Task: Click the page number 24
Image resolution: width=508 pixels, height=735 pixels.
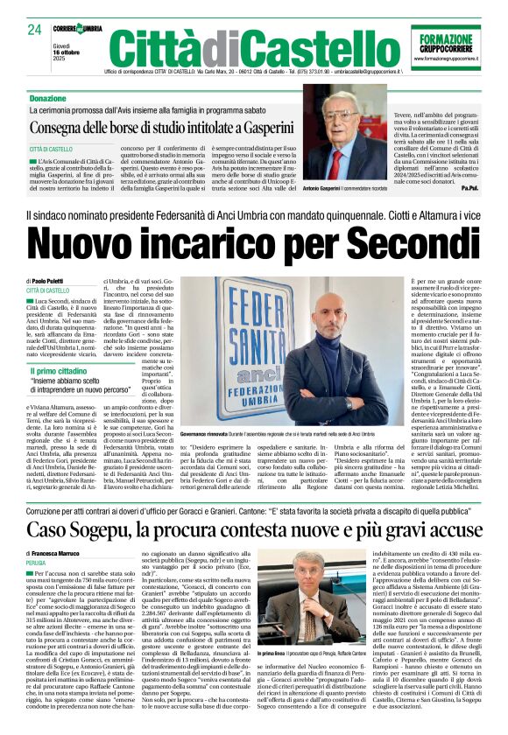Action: click(x=34, y=31)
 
